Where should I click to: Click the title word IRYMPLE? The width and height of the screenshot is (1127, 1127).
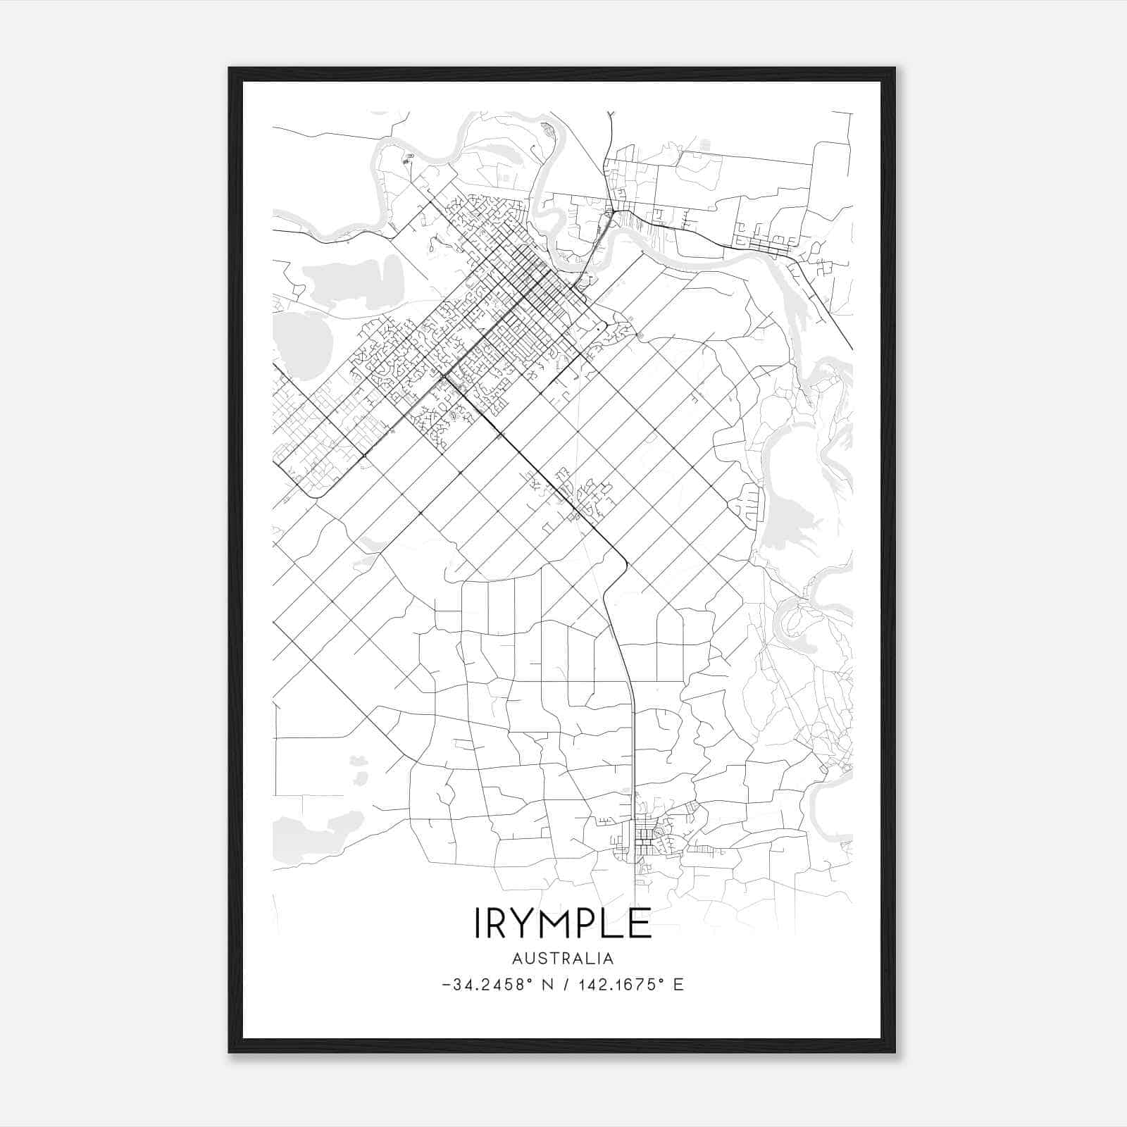tap(563, 923)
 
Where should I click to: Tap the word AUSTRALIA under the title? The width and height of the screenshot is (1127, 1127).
tap(563, 959)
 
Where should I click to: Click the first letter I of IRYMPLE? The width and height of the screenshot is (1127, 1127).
tap(478, 923)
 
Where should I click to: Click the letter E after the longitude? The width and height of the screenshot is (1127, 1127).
tap(678, 985)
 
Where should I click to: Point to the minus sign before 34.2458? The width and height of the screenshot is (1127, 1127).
tap(447, 985)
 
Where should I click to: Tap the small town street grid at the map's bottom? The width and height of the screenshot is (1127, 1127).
tap(644, 839)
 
